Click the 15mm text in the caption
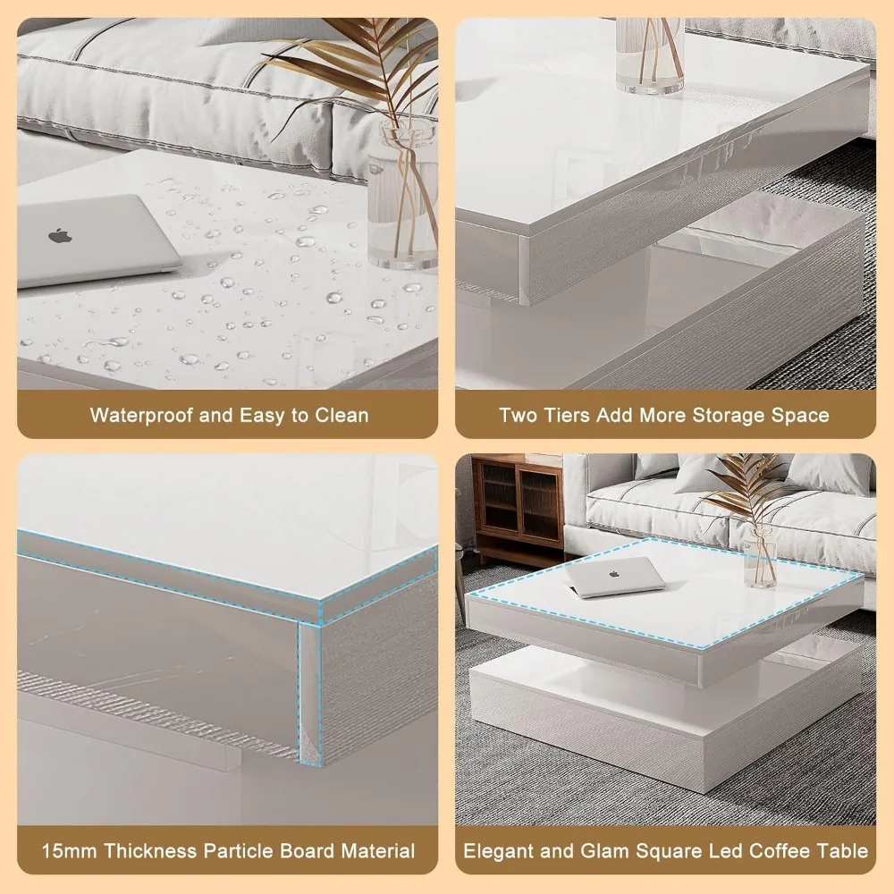(72, 850)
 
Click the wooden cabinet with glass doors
(517, 505)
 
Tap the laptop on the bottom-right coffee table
(617, 577)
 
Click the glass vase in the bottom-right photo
(760, 559)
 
